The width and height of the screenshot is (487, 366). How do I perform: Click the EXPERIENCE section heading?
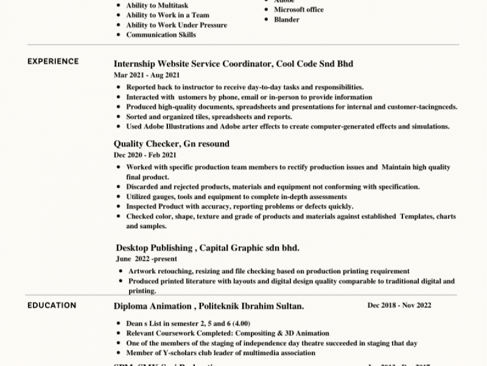[x=53, y=62]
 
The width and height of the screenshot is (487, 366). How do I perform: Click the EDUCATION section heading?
[x=52, y=306]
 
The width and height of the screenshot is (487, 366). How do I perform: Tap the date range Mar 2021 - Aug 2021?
[x=147, y=75]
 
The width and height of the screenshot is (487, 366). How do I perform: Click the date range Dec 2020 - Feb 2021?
[x=146, y=156]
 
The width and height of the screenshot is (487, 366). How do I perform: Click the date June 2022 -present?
[x=144, y=259]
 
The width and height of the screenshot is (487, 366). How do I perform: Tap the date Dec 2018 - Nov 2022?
[x=399, y=305]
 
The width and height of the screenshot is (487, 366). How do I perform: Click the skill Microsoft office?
[x=299, y=10]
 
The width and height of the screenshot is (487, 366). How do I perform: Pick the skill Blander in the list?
[x=287, y=20]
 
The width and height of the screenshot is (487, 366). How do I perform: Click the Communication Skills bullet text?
[x=161, y=35]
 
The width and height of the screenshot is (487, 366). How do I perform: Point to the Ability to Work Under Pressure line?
[x=177, y=25]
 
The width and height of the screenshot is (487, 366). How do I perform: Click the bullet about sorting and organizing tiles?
[x=209, y=117]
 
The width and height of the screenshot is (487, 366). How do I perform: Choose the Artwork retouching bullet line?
[x=268, y=271]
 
